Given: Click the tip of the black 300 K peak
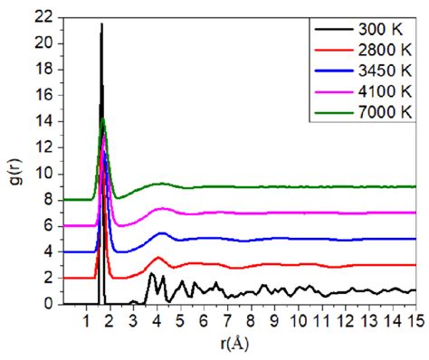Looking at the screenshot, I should pyautogui.click(x=101, y=24).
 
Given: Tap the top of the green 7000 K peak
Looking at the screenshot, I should pyautogui.click(x=103, y=118).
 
